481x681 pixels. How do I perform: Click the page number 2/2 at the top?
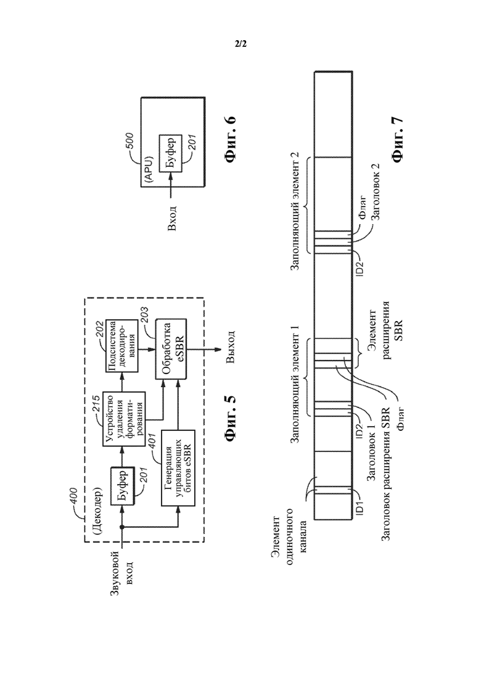click(240, 44)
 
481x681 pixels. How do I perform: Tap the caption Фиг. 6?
click(230, 140)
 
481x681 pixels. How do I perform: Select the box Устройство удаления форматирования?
click(123, 419)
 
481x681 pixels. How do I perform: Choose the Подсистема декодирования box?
click(123, 345)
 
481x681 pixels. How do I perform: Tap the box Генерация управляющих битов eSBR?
click(178, 468)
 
